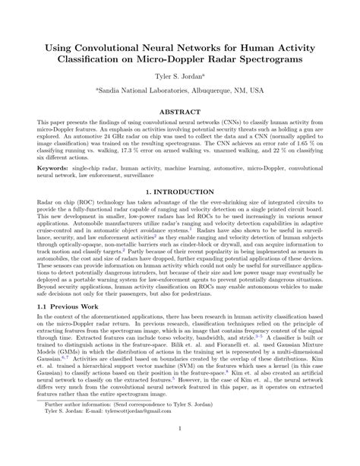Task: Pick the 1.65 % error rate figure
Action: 300,151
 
